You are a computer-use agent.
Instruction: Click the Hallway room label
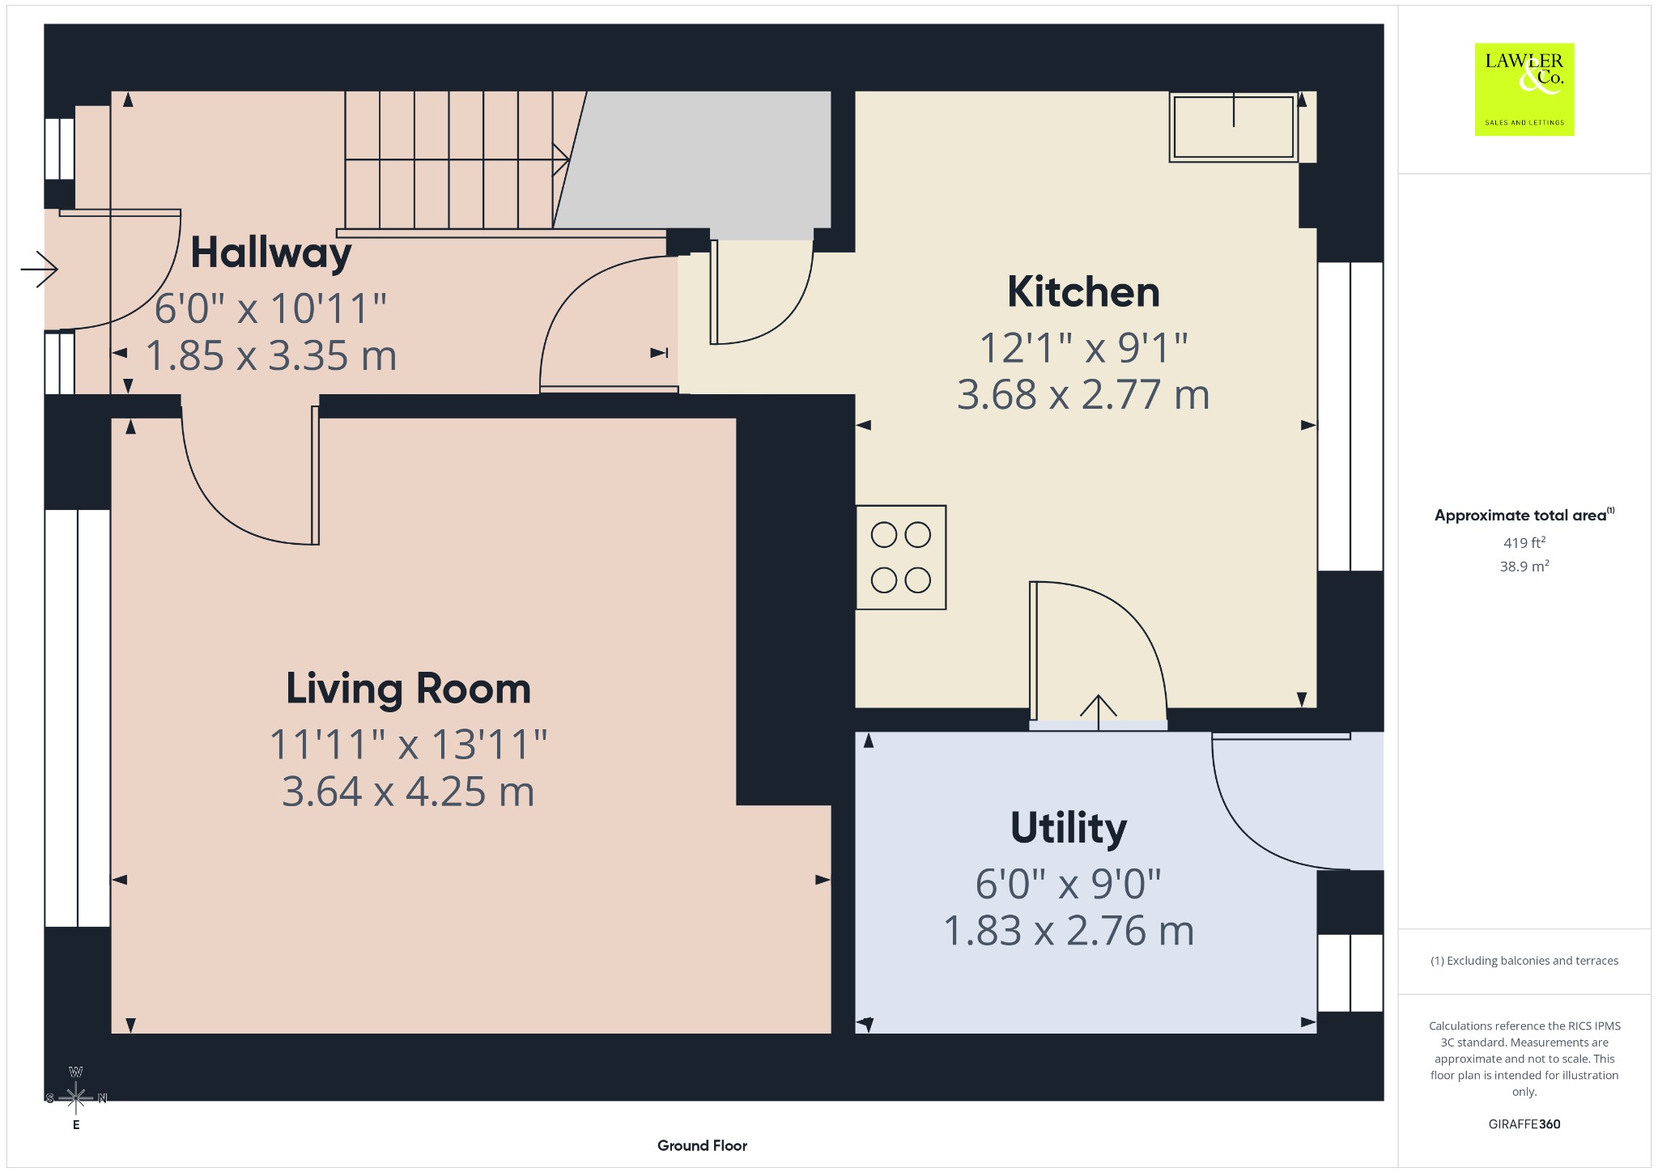[x=271, y=254]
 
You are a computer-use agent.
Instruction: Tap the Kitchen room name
[x=1083, y=292]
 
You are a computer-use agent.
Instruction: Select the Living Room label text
[x=408, y=689]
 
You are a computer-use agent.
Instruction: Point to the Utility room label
[x=1069, y=829]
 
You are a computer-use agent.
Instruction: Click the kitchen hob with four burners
[x=901, y=558]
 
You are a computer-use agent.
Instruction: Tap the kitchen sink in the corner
[x=1234, y=127]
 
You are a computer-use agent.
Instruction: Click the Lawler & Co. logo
[x=1524, y=89]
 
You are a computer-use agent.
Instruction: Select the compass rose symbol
[x=76, y=1098]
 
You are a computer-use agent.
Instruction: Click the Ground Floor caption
[x=702, y=1145]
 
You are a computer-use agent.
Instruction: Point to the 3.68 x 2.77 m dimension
[x=1083, y=395]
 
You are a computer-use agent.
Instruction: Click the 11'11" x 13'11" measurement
[x=408, y=745]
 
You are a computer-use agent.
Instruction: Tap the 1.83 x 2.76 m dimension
[x=1069, y=931]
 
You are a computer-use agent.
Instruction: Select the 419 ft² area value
[x=1524, y=542]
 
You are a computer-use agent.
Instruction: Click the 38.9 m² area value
[x=1524, y=566]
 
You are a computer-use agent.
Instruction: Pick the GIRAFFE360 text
[x=1524, y=1124]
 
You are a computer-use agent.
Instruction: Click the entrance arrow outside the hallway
[x=39, y=269]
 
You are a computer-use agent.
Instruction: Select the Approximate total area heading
[x=1524, y=515]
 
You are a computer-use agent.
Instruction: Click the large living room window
[x=78, y=718]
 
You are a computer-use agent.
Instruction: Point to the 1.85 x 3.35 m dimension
[x=271, y=356]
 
